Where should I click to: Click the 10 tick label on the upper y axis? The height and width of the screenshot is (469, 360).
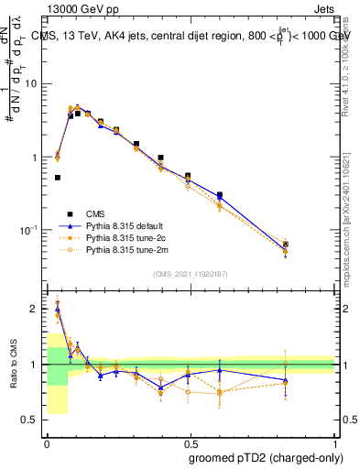pos(34,83)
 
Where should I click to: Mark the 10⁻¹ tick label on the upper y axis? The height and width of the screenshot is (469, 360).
pos(32,230)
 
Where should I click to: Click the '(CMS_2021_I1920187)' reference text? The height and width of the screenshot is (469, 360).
pos(191,274)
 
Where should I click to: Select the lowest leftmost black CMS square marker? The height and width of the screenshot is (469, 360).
pos(58,178)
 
